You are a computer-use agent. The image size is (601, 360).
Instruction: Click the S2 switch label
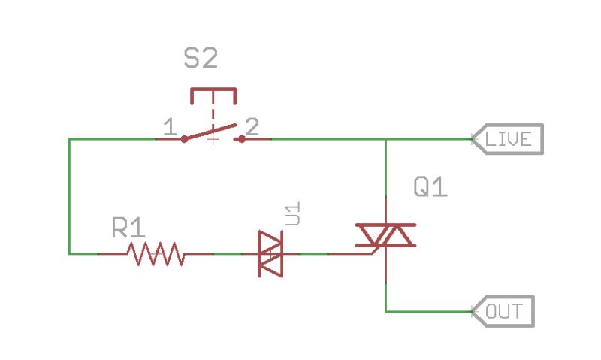click(x=202, y=59)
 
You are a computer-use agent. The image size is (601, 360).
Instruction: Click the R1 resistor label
click(x=128, y=228)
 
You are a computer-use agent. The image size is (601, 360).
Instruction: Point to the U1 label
click(x=293, y=213)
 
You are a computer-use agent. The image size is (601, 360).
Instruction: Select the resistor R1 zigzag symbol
click(x=157, y=254)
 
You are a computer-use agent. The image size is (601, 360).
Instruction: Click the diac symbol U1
click(x=270, y=254)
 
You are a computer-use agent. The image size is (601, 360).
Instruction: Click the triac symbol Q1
click(x=385, y=236)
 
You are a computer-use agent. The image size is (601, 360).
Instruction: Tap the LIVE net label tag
click(x=507, y=139)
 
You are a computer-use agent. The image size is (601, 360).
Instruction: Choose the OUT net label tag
click(x=503, y=311)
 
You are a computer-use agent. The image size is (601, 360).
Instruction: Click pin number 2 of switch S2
click(x=252, y=127)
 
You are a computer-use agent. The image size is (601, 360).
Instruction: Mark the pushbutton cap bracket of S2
click(x=213, y=94)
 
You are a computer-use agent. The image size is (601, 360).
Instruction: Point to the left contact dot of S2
click(x=184, y=139)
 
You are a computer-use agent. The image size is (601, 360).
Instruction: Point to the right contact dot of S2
click(x=242, y=139)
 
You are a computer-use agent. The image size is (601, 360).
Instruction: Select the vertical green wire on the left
click(x=69, y=196)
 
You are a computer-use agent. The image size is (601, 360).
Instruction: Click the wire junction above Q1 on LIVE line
click(x=385, y=139)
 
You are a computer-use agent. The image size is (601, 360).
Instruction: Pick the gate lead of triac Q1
click(x=353, y=254)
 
